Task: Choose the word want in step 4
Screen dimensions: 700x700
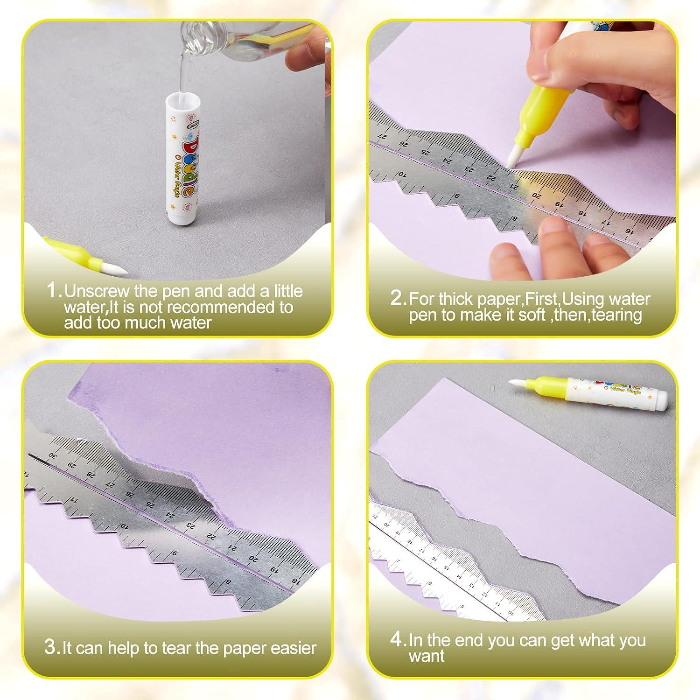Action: point(427,657)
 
